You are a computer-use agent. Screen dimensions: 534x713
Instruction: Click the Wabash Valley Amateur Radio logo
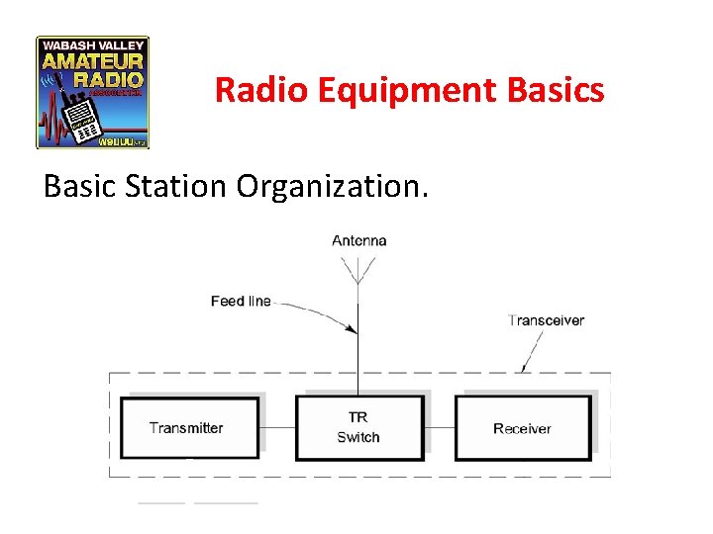coord(92,93)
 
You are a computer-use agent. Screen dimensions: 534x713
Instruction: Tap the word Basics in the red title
coord(555,91)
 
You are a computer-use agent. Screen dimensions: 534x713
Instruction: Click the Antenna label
coord(358,240)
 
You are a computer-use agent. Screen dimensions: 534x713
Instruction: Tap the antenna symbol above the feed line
coord(358,270)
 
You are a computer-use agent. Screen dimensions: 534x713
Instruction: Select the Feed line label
coord(241,301)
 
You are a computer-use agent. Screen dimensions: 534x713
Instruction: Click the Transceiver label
coord(546,320)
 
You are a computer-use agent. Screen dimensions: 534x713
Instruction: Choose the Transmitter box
coord(189,427)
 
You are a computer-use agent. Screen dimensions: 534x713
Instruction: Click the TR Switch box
coord(358,427)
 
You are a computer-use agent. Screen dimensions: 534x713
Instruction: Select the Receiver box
coord(522,427)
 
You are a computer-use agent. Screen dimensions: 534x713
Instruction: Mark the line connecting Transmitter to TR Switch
coord(277,427)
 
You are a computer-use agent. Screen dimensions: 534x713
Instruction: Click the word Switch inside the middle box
coord(358,438)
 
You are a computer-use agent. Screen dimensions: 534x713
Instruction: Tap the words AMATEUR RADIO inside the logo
coord(93,68)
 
